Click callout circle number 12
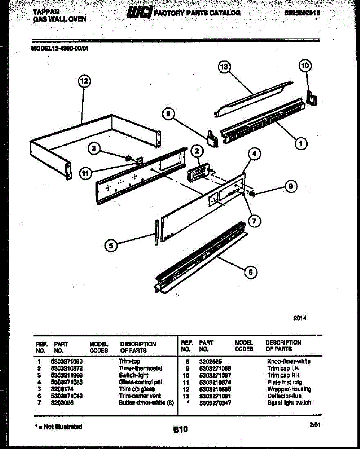(85, 81)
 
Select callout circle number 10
(305, 66)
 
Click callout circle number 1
(301, 143)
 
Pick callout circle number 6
(251, 272)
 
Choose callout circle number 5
(110, 245)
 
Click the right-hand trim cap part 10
(312, 97)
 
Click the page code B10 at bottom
(180, 430)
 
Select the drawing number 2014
(300, 318)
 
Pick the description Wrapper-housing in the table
(289, 389)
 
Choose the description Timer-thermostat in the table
(140, 369)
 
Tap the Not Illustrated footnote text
(58, 426)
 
